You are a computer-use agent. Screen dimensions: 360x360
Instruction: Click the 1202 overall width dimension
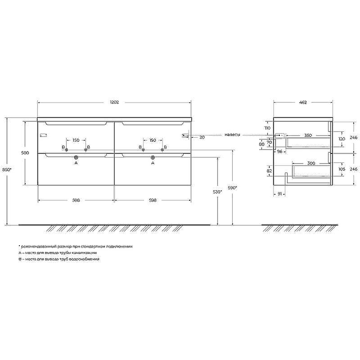tap(114, 102)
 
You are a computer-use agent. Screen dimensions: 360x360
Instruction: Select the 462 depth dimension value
tap(303, 103)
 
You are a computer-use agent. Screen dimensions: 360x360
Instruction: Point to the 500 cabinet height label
tap(25, 153)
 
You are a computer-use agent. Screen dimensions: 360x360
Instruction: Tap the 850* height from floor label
tap(7, 170)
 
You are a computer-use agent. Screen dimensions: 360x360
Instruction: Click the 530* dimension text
tap(217, 192)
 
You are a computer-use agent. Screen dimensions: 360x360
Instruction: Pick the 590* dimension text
tap(232, 188)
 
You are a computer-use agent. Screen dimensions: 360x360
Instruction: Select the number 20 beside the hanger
tap(202, 137)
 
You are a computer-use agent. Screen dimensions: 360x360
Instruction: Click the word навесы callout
tap(232, 135)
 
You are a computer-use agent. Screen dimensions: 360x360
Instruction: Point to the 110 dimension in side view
tap(267, 128)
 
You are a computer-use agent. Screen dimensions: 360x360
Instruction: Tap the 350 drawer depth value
tap(308, 135)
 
